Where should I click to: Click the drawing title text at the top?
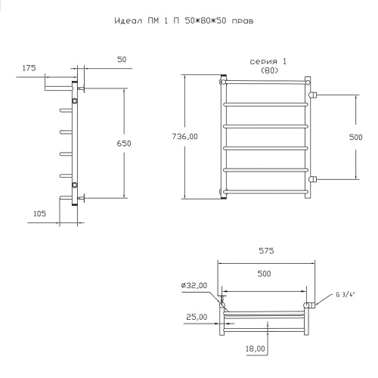click(184, 20)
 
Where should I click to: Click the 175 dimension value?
click(29, 68)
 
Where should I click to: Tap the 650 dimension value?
click(124, 144)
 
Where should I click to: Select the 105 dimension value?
click(40, 214)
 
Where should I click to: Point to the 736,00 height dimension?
click(185, 137)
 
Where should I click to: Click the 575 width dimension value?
click(266, 251)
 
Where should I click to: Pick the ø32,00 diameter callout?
click(194, 286)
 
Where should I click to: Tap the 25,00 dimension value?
click(197, 317)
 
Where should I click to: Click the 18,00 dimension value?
click(256, 349)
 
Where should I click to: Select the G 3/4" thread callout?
click(345, 294)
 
